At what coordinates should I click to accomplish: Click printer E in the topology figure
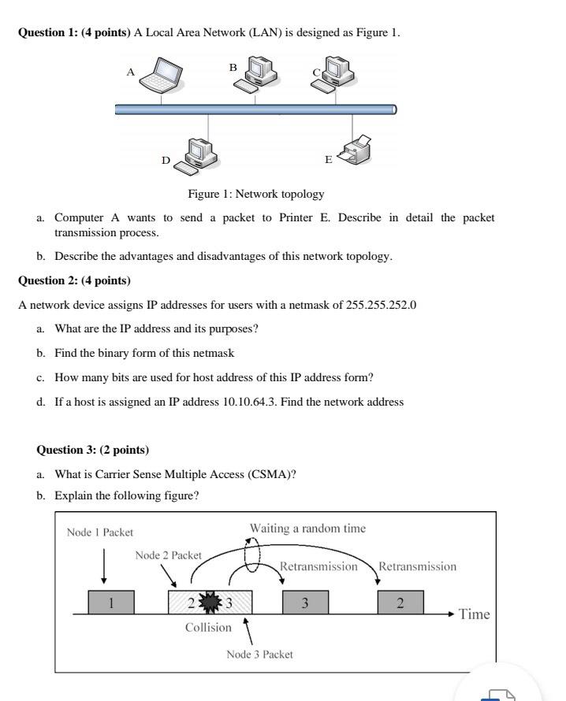tap(355, 149)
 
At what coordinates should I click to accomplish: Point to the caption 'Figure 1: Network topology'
tap(255, 194)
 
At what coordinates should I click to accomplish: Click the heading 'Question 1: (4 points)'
tap(74, 32)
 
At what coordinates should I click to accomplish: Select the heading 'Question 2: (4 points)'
tap(74, 280)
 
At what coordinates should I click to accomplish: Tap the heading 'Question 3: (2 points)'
tap(93, 450)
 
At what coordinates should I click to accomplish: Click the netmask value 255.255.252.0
tap(381, 305)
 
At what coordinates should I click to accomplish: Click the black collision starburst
tap(211, 603)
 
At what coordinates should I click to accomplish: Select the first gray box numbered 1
tap(111, 603)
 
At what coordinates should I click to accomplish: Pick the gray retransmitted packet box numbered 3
tap(305, 603)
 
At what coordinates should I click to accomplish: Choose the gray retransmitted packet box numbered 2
tap(400, 603)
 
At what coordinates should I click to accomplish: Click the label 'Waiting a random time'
tap(307, 528)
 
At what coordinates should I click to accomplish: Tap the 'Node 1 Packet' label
tap(100, 532)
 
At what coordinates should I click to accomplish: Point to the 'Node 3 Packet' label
tap(259, 655)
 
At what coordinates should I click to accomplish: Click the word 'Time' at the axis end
tap(474, 614)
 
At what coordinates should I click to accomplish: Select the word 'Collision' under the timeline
tap(208, 628)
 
